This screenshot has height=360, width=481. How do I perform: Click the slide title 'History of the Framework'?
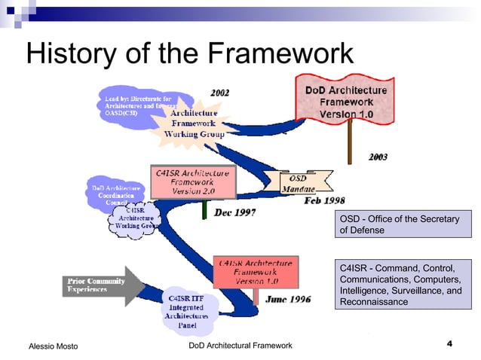point(189,53)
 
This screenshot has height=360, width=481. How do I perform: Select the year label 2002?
point(219,93)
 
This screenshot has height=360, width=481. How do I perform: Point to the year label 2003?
point(378,157)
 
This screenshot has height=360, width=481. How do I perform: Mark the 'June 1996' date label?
point(288,298)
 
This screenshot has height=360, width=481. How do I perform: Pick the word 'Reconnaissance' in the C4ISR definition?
point(374,301)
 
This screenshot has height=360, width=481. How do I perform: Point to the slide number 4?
point(449,344)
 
